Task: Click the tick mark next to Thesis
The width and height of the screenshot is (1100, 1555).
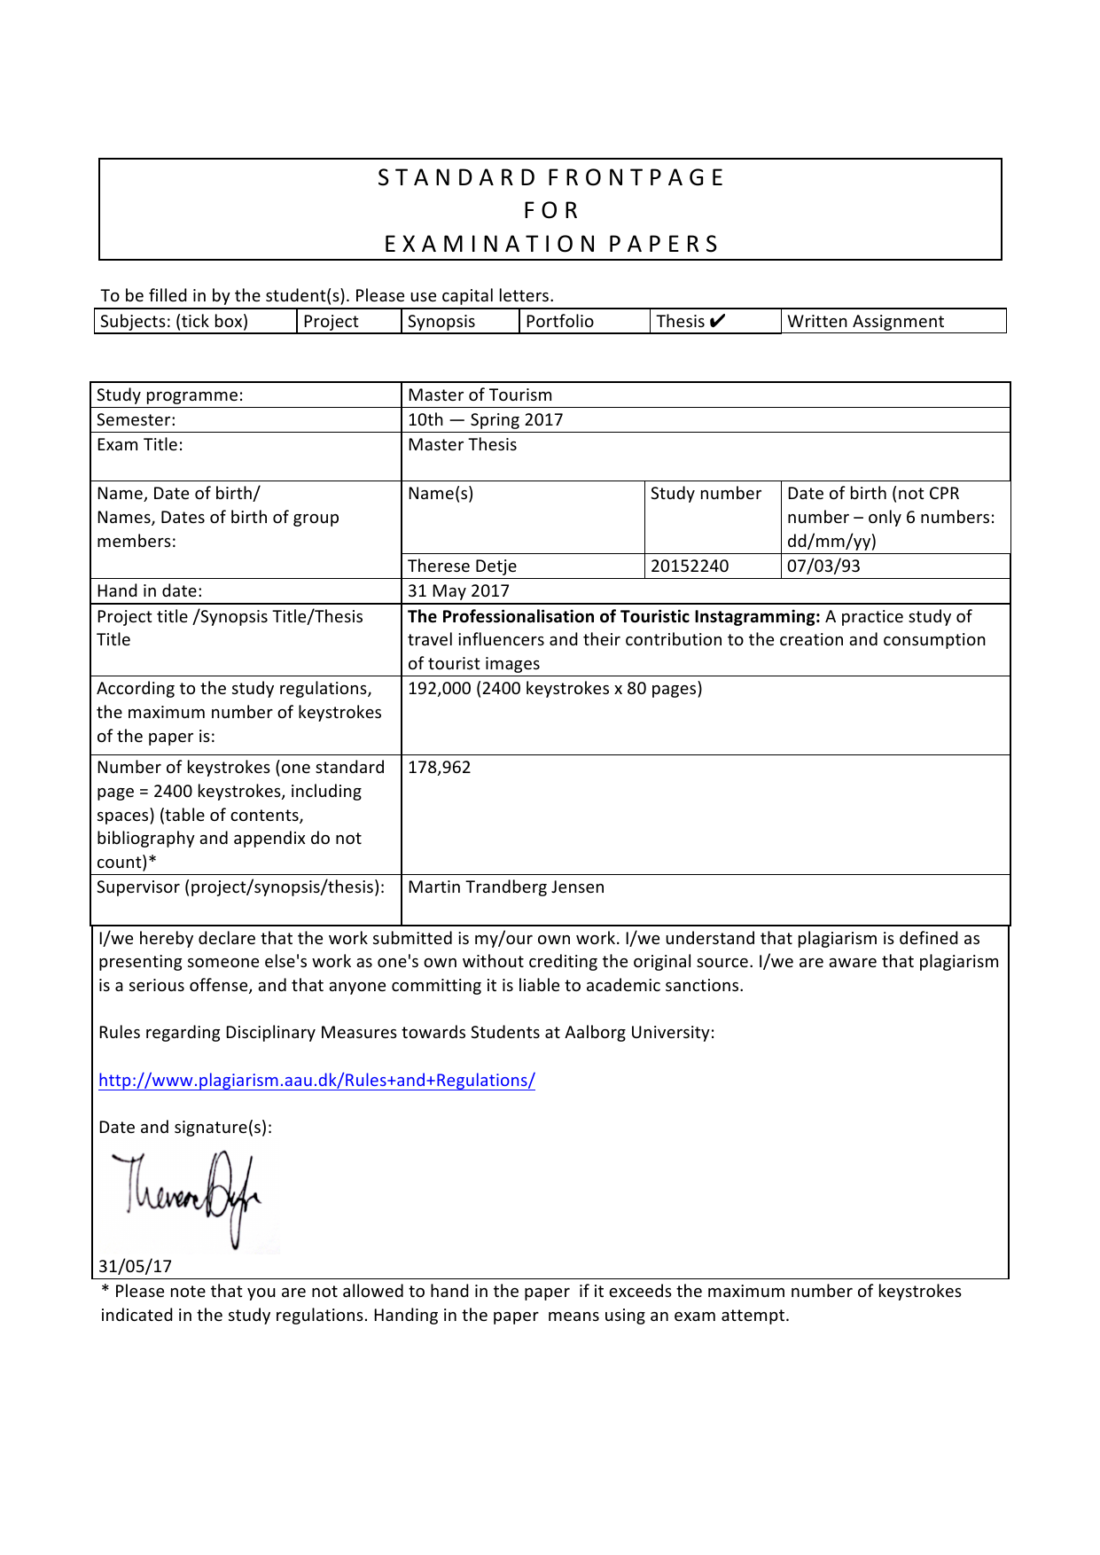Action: pyautogui.click(x=717, y=321)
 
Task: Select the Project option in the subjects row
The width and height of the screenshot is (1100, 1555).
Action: pyautogui.click(x=331, y=322)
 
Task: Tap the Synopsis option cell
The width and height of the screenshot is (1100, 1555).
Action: pyautogui.click(x=441, y=322)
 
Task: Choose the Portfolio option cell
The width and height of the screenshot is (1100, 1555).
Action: pyautogui.click(x=559, y=322)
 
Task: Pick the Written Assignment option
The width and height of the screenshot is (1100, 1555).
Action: pyautogui.click(x=865, y=322)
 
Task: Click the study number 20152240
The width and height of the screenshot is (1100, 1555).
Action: pyautogui.click(x=690, y=567)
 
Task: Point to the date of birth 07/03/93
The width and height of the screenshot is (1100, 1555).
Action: pyautogui.click(x=823, y=567)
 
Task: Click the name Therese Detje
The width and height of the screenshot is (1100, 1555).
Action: pyautogui.click(x=462, y=567)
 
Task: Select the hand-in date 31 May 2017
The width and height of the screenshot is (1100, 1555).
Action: pyautogui.click(x=458, y=591)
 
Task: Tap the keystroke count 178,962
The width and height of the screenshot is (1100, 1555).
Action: pyautogui.click(x=440, y=768)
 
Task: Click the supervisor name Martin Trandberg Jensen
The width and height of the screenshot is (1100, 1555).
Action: pyautogui.click(x=506, y=887)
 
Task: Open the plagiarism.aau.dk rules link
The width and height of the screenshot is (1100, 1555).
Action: pyautogui.click(x=316, y=1081)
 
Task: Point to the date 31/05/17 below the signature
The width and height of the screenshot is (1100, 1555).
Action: pyautogui.click(x=135, y=1267)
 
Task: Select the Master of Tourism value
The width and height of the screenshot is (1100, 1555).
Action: pyautogui.click(x=480, y=395)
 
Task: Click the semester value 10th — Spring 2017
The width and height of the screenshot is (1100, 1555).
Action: pyautogui.click(x=485, y=420)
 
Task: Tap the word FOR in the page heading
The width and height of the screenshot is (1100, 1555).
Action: pyautogui.click(x=550, y=211)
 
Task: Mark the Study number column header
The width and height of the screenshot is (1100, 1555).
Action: pyautogui.click(x=706, y=494)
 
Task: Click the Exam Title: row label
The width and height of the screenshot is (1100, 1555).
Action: pyautogui.click(x=140, y=445)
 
